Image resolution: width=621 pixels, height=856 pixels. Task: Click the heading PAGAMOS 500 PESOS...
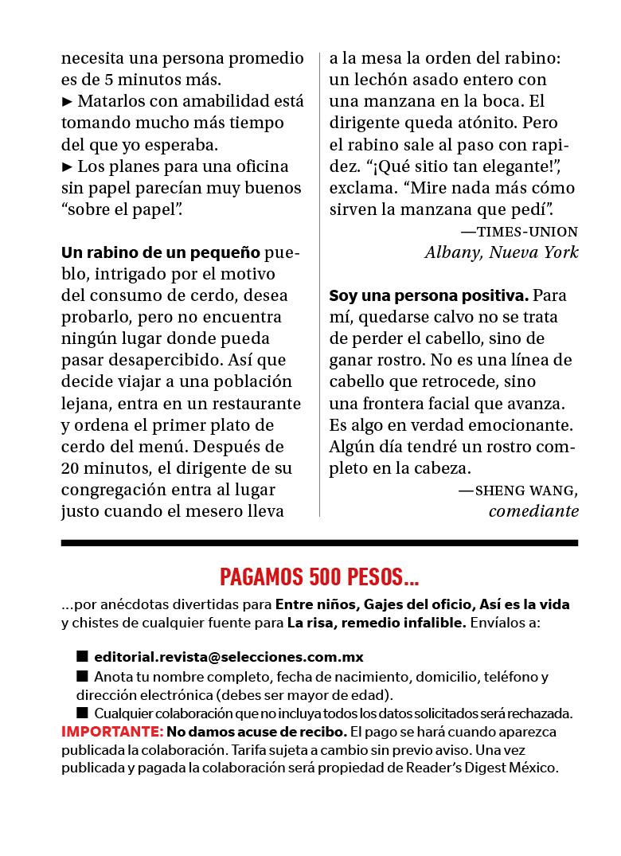coord(319,576)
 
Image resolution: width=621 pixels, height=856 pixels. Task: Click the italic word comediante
coord(533,511)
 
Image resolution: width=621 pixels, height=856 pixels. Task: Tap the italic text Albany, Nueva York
coord(501,252)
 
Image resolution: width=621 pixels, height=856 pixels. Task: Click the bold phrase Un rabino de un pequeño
coord(161,253)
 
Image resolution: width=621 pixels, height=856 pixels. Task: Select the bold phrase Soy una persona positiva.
coord(428,295)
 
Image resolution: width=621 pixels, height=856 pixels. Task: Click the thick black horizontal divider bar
coord(319,543)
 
